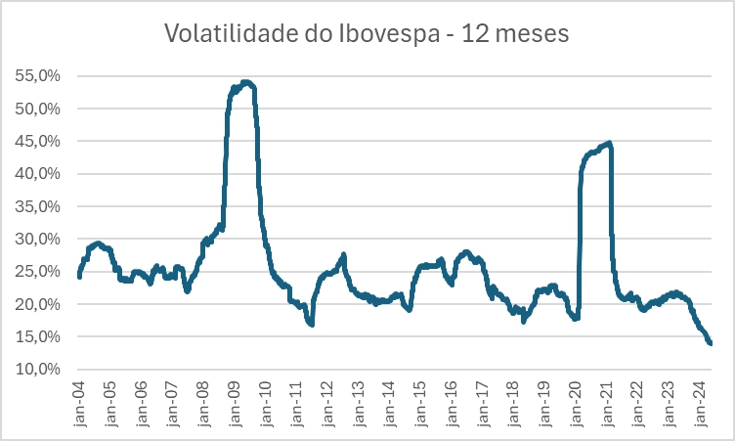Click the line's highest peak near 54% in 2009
[245, 82]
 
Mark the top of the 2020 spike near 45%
[609, 144]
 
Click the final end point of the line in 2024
[711, 343]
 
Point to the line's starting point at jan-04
[79, 277]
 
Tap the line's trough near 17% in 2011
[311, 324]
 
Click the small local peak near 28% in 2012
[344, 255]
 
